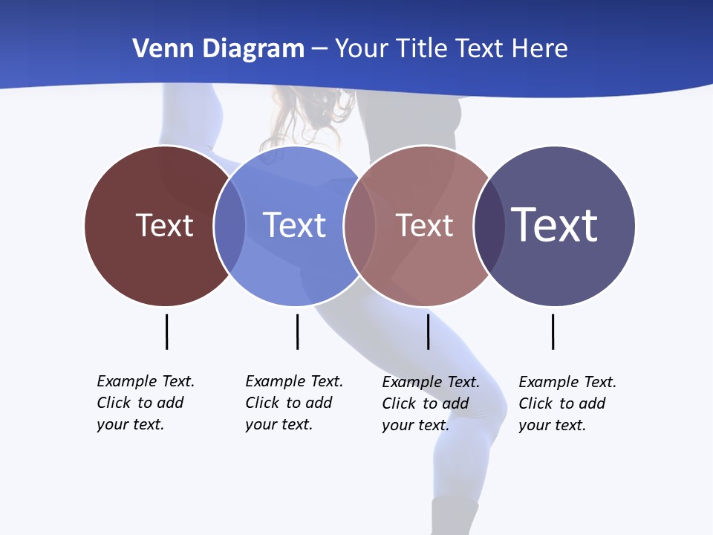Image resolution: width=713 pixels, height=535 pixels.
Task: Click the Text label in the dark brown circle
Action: [164, 225]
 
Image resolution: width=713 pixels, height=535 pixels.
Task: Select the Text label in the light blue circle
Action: [294, 225]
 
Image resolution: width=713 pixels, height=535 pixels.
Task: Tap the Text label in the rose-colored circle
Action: [424, 225]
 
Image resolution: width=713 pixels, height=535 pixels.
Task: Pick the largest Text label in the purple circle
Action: [554, 224]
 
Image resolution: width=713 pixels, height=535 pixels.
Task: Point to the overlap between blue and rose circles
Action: [359, 226]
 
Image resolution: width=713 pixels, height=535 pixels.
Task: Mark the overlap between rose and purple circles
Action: [488, 226]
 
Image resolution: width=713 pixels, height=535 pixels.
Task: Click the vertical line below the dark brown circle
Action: [166, 331]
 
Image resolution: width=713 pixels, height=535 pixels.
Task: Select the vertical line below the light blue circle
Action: [297, 331]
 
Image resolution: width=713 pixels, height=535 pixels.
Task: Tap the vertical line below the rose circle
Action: [428, 331]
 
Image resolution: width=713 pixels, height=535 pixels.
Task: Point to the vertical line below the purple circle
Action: [553, 331]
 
